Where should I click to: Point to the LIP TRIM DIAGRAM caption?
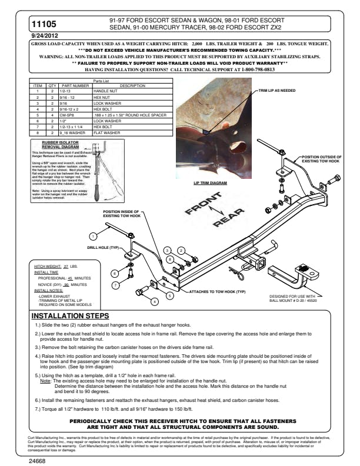click(x=210, y=183)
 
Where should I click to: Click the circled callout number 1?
click(x=92, y=235)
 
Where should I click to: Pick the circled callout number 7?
click(x=116, y=284)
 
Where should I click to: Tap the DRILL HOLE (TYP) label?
click(x=104, y=248)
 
